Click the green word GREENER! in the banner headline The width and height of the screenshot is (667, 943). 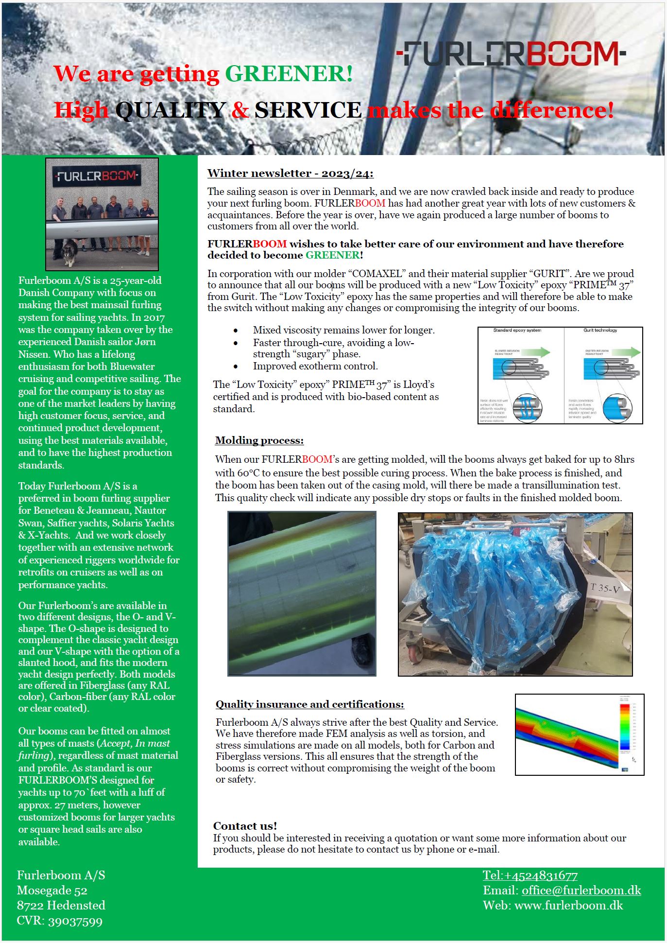pyautogui.click(x=289, y=74)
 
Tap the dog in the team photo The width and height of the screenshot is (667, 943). pyautogui.click(x=69, y=251)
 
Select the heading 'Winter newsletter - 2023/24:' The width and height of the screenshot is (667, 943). pyautogui.click(x=290, y=174)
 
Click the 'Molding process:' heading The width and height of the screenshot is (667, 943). pyautogui.click(x=259, y=440)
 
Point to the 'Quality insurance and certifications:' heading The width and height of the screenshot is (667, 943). pyautogui.click(x=309, y=704)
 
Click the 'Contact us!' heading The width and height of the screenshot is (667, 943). pyautogui.click(x=245, y=826)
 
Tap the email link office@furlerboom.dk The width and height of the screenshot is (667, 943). pyautogui.click(x=581, y=891)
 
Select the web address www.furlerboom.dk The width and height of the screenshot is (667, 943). pyautogui.click(x=568, y=906)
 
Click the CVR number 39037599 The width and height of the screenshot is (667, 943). pyautogui.click(x=75, y=921)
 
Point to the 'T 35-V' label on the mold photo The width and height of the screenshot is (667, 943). pyautogui.click(x=605, y=588)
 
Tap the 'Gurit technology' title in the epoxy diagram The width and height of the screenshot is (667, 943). pyautogui.click(x=600, y=331)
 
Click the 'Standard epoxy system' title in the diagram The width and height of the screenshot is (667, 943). pyautogui.click(x=517, y=331)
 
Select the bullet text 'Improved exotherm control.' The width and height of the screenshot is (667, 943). pyautogui.click(x=315, y=366)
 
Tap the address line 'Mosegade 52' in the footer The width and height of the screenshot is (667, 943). pyautogui.click(x=52, y=891)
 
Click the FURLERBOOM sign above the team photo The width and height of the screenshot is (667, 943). pyautogui.click(x=97, y=175)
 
